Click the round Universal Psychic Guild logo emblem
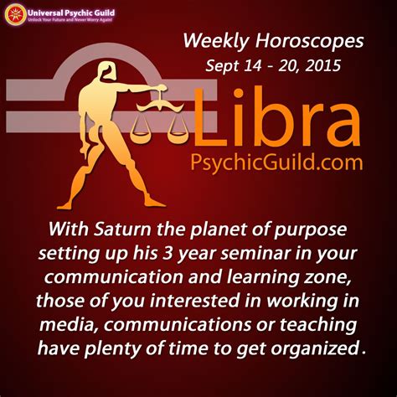coord(16,15)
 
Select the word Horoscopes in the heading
coord(309,41)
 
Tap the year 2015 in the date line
coord(322,65)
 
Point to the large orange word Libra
coord(276,116)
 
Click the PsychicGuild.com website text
coord(276,162)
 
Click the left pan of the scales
coord(140,136)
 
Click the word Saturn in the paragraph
coord(122,229)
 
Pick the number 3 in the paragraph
coord(168,254)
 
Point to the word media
coord(69,325)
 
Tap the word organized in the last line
coord(315,349)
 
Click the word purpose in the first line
coord(311,230)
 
